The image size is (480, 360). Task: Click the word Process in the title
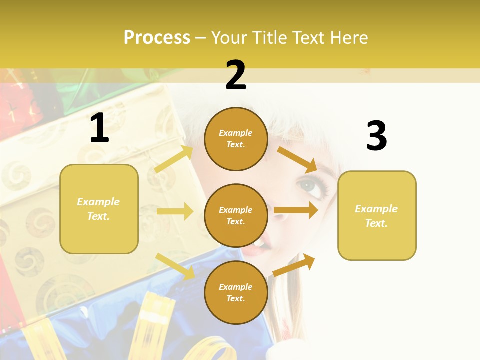(x=157, y=38)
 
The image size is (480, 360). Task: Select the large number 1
(x=99, y=128)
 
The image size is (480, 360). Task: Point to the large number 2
(x=236, y=75)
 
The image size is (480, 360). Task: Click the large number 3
(x=376, y=136)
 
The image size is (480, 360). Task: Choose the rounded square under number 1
(x=99, y=209)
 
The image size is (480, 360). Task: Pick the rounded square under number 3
(x=377, y=216)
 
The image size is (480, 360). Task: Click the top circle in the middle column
(x=236, y=139)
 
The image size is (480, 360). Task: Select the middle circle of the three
(x=236, y=216)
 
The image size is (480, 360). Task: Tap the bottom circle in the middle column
(x=236, y=293)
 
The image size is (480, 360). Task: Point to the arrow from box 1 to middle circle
(x=175, y=211)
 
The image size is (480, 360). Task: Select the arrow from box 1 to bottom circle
(x=175, y=266)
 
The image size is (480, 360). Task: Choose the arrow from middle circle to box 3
(x=296, y=210)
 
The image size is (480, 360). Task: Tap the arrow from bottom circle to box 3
(x=294, y=265)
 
